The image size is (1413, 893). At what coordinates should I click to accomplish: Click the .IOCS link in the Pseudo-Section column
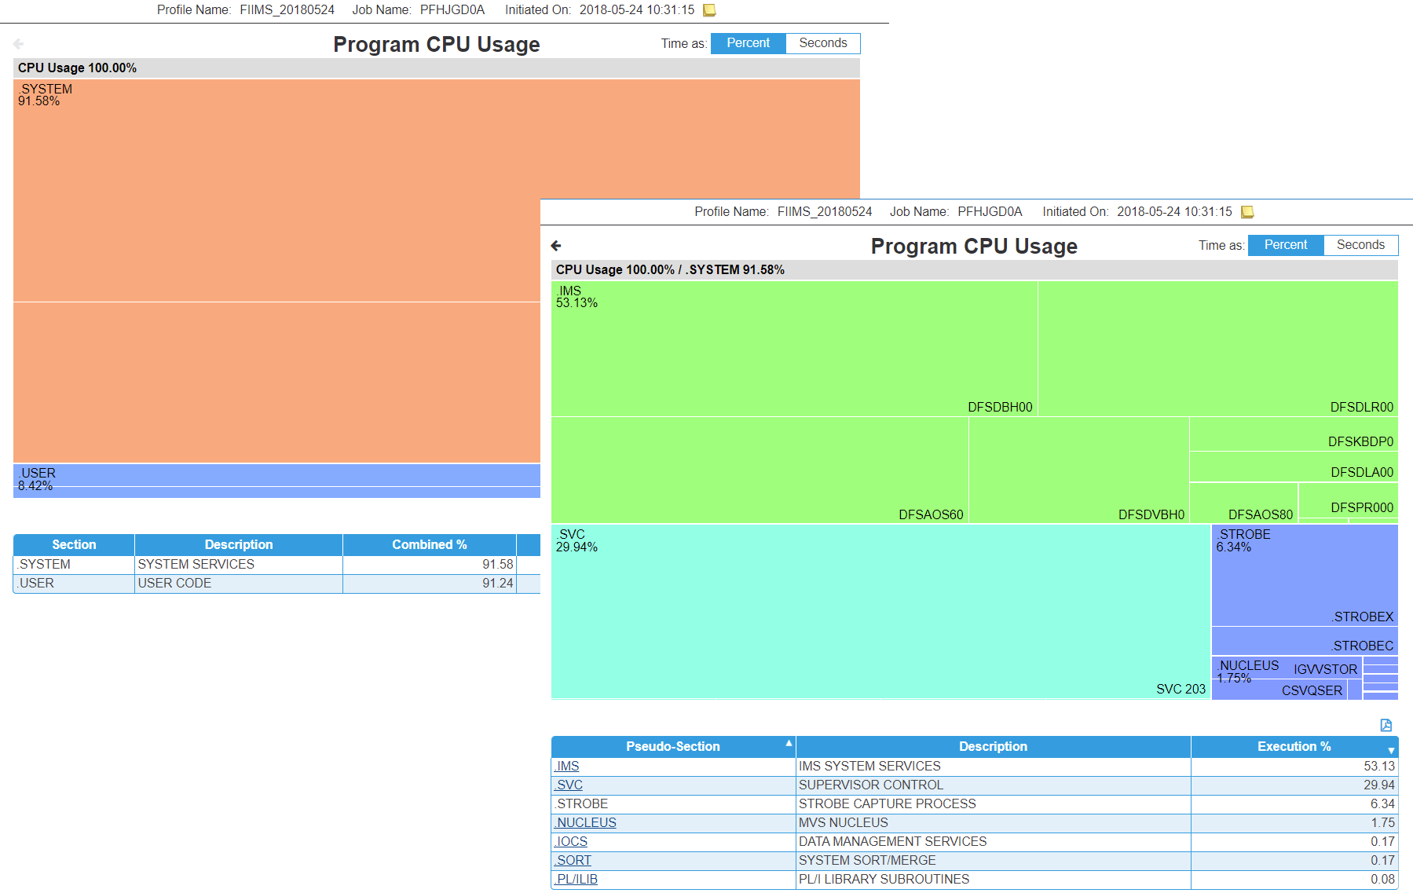point(572,841)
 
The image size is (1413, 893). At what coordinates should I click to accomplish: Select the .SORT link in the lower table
point(573,860)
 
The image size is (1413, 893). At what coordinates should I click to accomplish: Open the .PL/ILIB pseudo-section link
point(577,879)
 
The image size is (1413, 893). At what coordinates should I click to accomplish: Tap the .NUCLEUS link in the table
point(586,822)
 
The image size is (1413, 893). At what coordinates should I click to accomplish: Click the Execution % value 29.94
point(1378,785)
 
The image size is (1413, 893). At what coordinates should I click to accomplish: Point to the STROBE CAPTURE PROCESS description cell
point(887,803)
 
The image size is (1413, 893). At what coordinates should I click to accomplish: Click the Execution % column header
point(1294,746)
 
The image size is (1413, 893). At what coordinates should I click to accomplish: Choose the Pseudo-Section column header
point(672,746)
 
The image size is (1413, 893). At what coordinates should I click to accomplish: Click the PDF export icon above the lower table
point(1386,725)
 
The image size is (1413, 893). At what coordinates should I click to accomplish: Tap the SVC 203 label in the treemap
point(1180,689)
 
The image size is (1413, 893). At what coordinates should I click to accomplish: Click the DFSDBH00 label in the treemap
point(999,407)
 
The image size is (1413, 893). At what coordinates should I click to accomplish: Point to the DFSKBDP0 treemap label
point(1360,441)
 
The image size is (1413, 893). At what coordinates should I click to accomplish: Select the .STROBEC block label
point(1362,646)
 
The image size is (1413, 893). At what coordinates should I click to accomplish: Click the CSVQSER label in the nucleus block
point(1312,690)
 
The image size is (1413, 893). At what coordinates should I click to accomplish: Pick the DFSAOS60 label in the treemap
point(930,514)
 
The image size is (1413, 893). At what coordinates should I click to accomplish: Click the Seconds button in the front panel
point(1360,245)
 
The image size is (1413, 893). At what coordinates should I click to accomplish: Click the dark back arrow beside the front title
point(556,246)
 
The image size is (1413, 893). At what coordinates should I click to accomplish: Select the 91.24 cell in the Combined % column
point(497,583)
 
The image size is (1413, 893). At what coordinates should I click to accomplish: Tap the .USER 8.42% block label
point(37,479)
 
